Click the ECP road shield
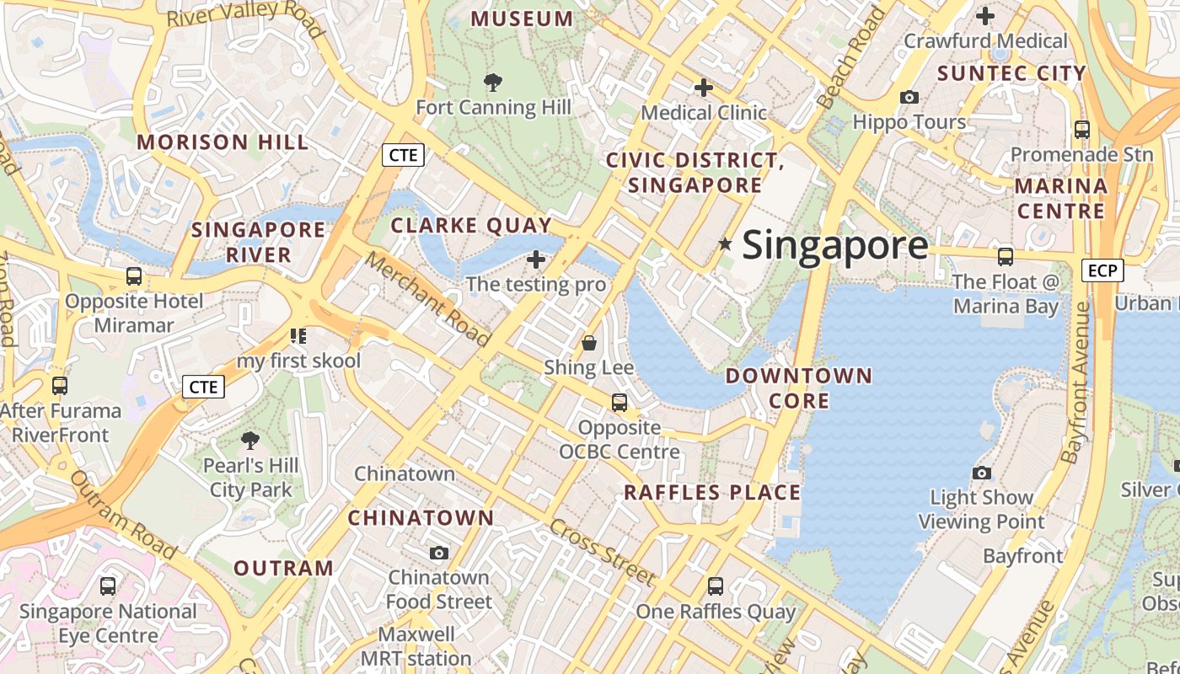[x=1102, y=270]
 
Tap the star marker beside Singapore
[x=725, y=243]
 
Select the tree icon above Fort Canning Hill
[x=493, y=82]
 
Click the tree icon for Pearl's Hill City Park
[x=249, y=440]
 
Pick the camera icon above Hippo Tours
[x=909, y=97]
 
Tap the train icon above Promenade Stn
[x=1081, y=130]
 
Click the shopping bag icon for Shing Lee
[x=589, y=343]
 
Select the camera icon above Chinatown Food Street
[x=438, y=553]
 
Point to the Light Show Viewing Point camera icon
[x=981, y=473]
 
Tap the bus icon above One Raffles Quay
[x=716, y=586]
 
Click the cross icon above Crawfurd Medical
[x=984, y=15]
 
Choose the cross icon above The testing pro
[x=536, y=259]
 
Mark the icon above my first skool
[x=298, y=336]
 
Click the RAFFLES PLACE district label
[x=712, y=493]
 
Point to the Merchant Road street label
[x=427, y=298]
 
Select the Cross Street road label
[x=602, y=553]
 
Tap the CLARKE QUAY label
[x=471, y=226]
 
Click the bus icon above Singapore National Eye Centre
[x=108, y=586]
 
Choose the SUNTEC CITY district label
[x=1011, y=73]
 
